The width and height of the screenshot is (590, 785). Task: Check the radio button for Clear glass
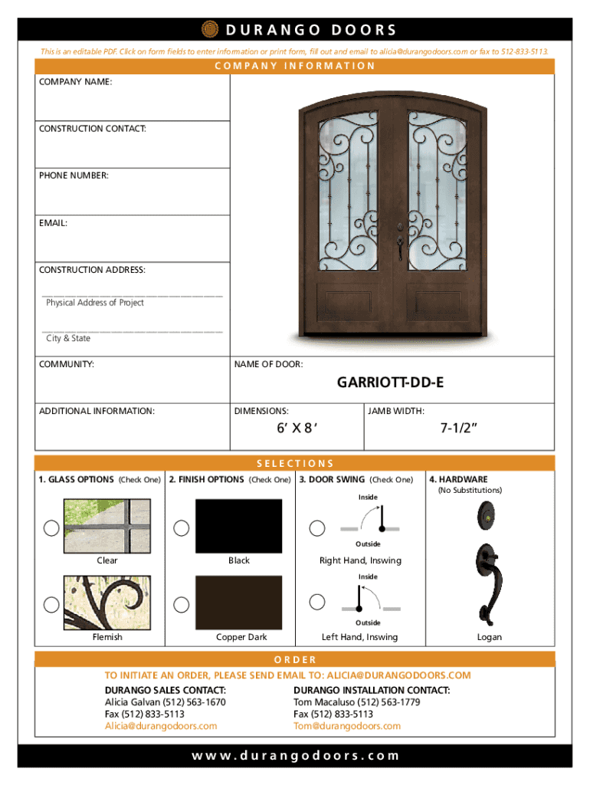tap(51, 527)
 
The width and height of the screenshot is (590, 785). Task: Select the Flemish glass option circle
tap(51, 604)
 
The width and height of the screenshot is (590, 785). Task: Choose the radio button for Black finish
tap(182, 527)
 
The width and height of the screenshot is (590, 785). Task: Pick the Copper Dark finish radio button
tap(182, 604)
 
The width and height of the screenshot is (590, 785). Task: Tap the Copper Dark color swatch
tap(239, 601)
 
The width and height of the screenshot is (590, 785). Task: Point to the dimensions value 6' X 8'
tap(297, 429)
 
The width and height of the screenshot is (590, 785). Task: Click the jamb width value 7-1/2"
tap(460, 429)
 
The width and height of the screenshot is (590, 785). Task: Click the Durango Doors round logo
tap(209, 29)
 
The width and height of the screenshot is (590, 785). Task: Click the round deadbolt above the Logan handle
tap(487, 515)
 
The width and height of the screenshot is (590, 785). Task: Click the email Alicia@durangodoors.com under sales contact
tap(161, 726)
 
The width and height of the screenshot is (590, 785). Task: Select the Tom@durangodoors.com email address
tap(347, 726)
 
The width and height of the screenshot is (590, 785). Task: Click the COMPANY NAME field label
tap(76, 80)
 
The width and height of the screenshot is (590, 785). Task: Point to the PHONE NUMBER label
tap(74, 176)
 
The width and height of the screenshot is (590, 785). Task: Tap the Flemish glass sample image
tap(107, 601)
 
